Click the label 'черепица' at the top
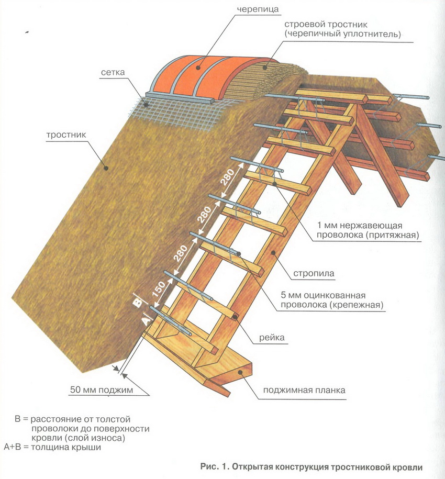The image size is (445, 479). (265, 9)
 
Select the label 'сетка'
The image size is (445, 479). (113, 72)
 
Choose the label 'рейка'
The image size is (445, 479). (272, 338)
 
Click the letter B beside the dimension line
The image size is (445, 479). (138, 302)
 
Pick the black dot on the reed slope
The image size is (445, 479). (105, 168)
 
